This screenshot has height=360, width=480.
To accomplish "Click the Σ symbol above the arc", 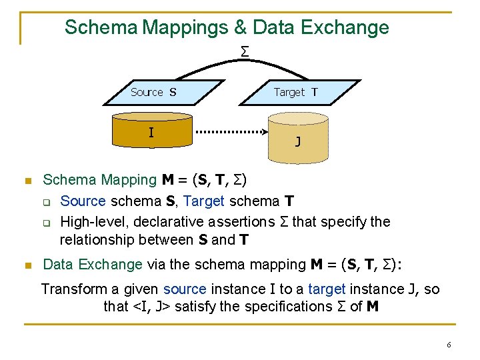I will coord(245,51).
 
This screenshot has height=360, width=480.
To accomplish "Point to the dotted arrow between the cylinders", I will coord(231,132).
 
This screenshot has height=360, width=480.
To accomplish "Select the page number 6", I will coord(449,345).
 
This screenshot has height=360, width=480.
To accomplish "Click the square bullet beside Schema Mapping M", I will coord(27,181).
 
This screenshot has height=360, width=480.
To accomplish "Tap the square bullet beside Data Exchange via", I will coord(27,265).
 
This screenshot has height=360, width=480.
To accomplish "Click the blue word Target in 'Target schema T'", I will coord(203,201).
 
